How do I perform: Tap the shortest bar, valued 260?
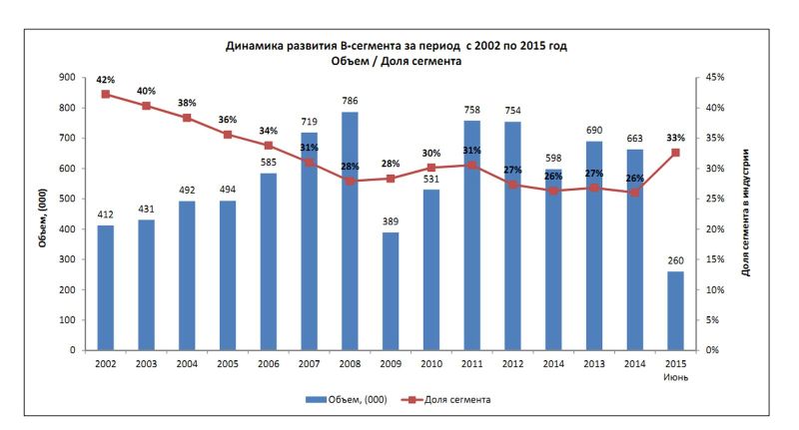tap(675, 310)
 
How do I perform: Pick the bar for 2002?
tap(106, 287)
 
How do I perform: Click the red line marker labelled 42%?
tap(106, 95)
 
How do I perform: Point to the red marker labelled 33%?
tap(675, 153)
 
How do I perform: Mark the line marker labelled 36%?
tap(228, 135)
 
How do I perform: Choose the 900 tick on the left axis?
tap(68, 77)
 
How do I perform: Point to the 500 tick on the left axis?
tap(68, 199)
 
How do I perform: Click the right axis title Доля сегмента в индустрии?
tap(747, 213)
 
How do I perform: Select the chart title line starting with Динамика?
tap(403, 46)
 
